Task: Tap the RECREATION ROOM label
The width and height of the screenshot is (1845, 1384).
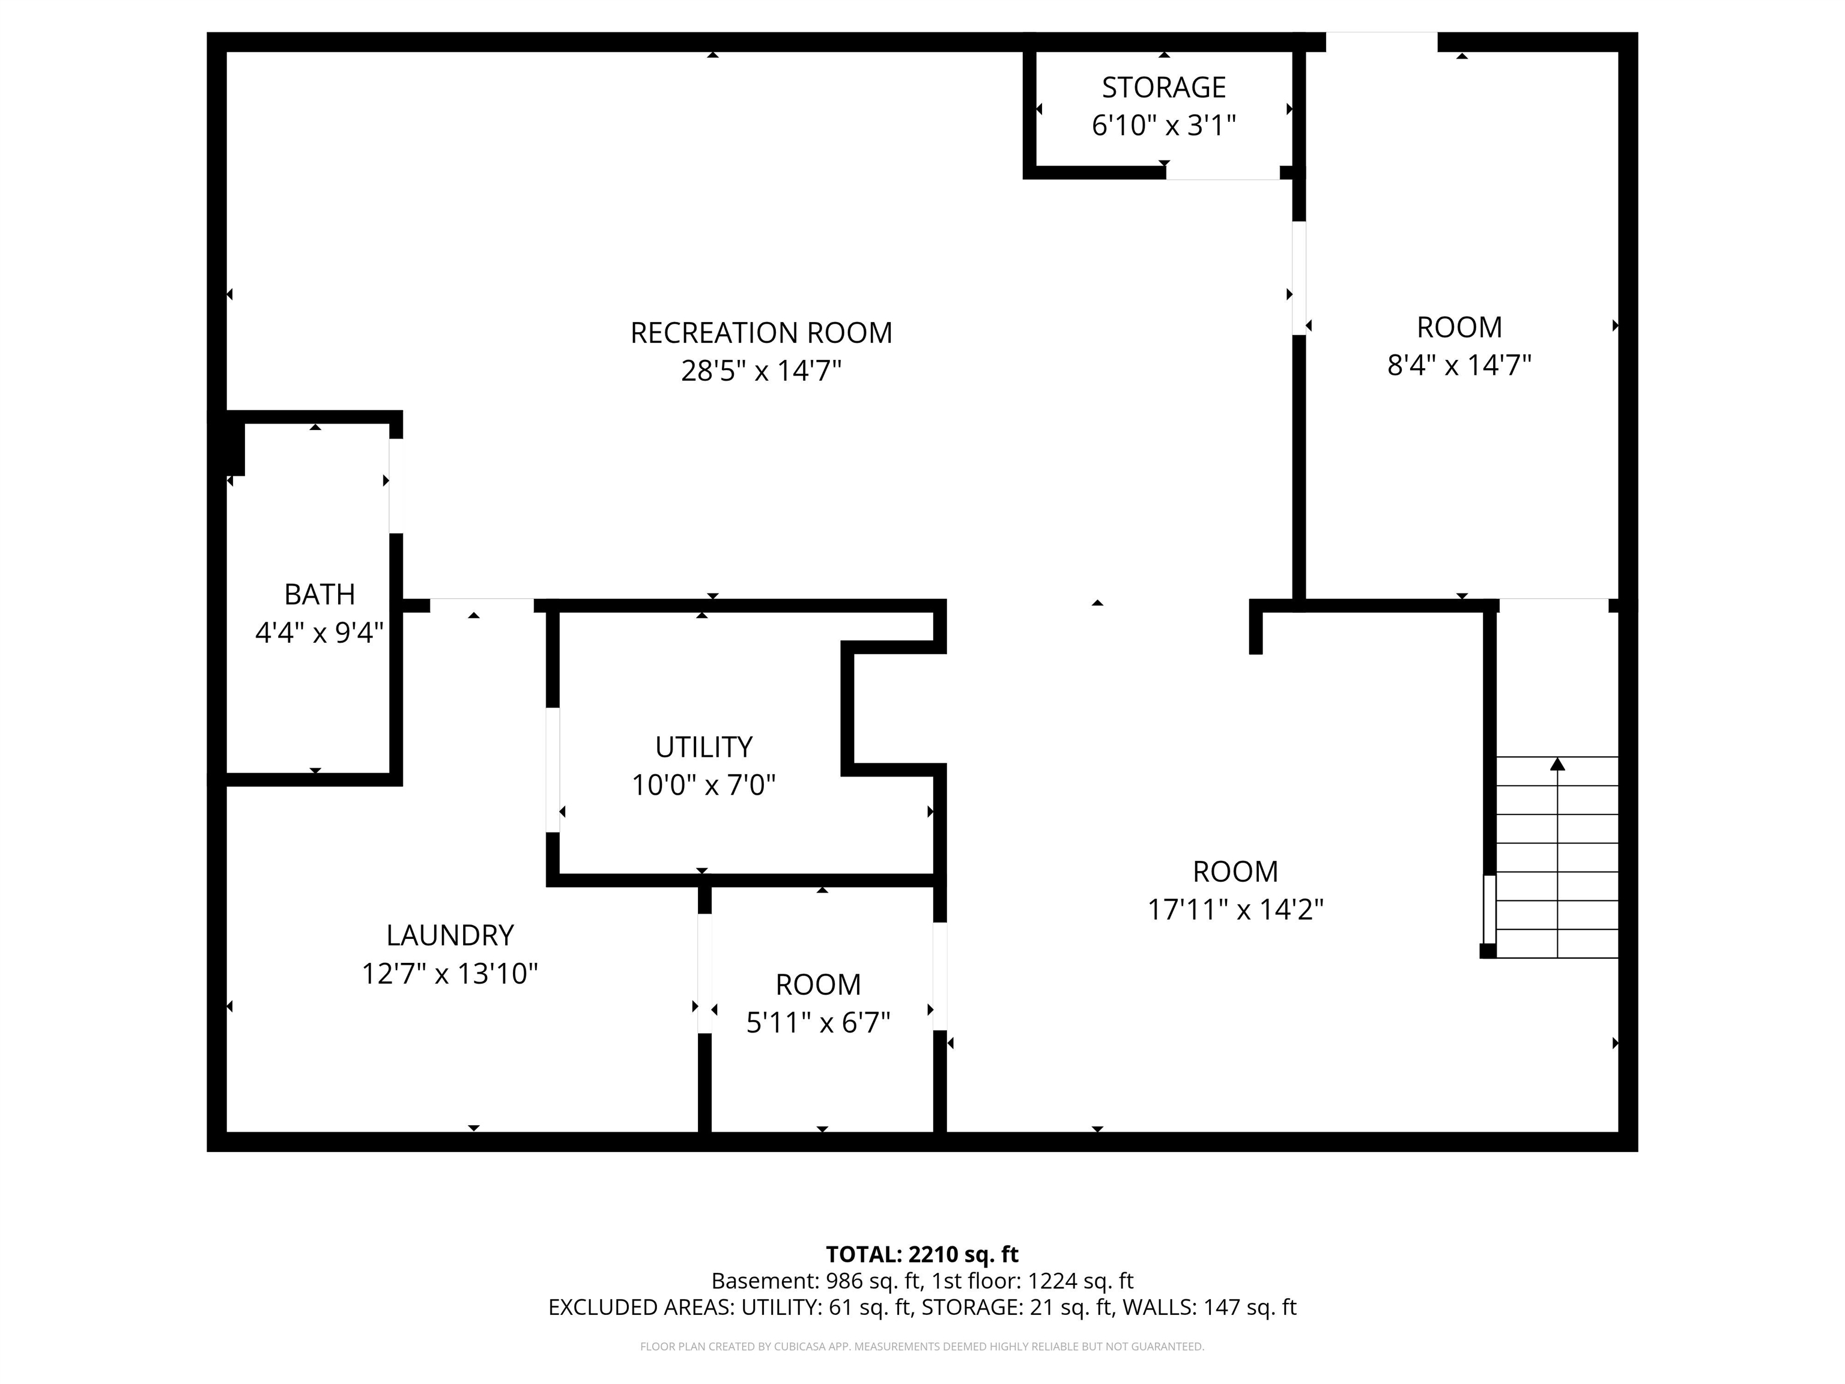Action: point(761,333)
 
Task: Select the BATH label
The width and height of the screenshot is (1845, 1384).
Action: point(320,595)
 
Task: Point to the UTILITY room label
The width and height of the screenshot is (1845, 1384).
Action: point(703,747)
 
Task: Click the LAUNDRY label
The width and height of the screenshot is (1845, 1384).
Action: point(450,935)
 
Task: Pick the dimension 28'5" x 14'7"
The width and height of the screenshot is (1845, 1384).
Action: point(761,371)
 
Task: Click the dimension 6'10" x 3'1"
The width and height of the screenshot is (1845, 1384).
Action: point(1163,125)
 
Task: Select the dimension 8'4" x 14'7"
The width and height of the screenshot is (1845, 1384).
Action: point(1459,365)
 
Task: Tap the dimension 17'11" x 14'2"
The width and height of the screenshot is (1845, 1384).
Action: point(1235,908)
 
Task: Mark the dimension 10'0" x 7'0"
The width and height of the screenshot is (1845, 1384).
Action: point(703,785)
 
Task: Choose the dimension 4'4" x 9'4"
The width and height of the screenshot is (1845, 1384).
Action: point(320,633)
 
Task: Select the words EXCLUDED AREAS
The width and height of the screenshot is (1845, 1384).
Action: point(640,1307)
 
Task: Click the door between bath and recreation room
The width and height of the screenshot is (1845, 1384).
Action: point(396,485)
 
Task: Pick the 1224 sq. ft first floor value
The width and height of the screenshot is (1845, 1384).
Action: point(1080,1281)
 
